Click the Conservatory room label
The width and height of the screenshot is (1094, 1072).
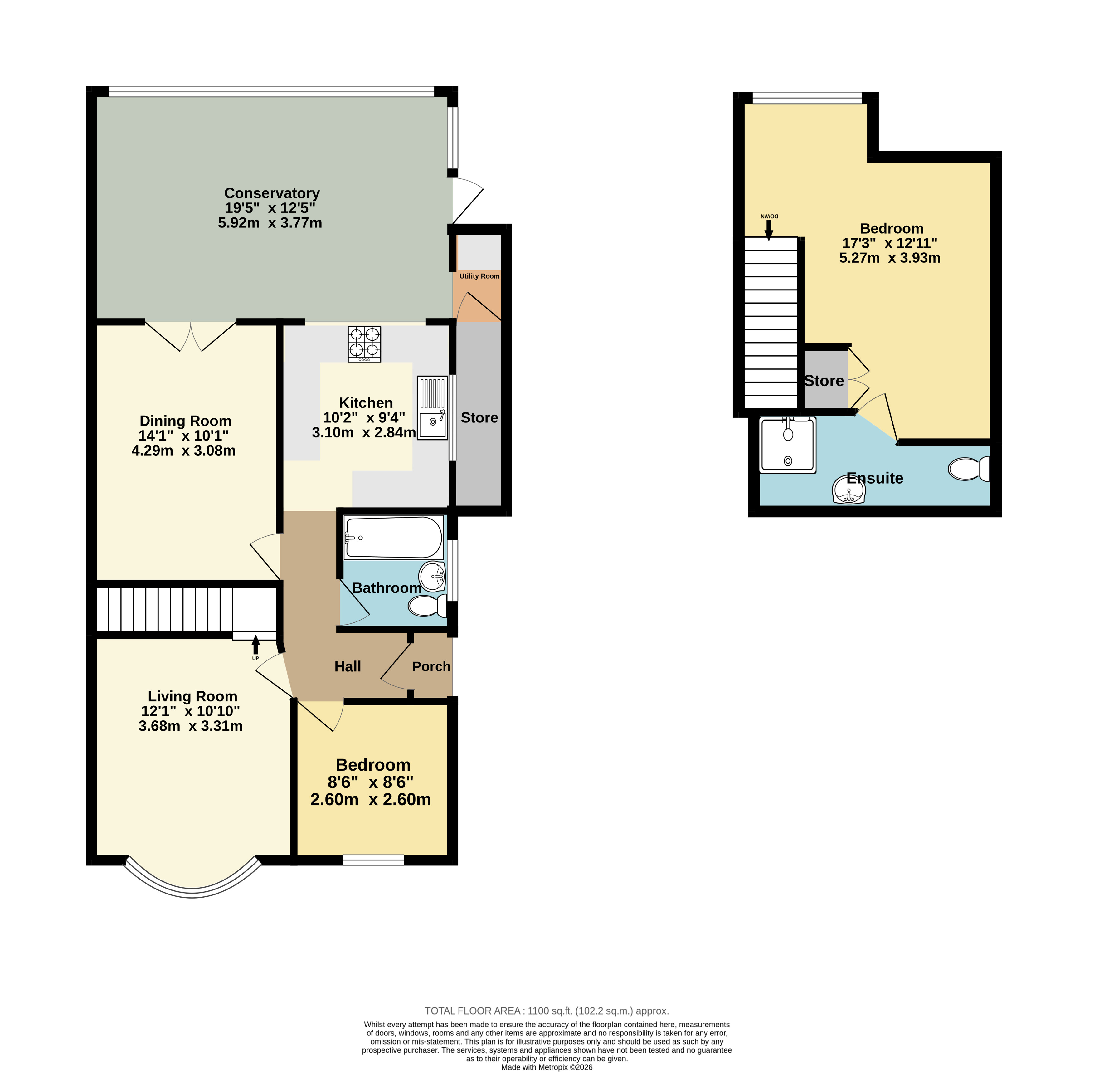click(272, 193)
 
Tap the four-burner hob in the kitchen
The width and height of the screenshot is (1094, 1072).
click(364, 344)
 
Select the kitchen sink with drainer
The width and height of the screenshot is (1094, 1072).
click(432, 408)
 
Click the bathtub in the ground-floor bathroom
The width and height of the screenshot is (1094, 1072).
click(394, 537)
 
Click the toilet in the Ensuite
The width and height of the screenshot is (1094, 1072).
click(968, 468)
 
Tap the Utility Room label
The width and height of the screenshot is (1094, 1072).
click(479, 276)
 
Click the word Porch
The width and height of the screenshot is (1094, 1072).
click(431, 667)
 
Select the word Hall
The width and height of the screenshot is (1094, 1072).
click(348, 667)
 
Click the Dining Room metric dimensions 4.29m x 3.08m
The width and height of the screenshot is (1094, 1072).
click(183, 451)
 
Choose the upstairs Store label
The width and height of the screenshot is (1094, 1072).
click(824, 381)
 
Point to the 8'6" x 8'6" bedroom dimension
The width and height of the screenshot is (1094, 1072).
click(371, 782)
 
